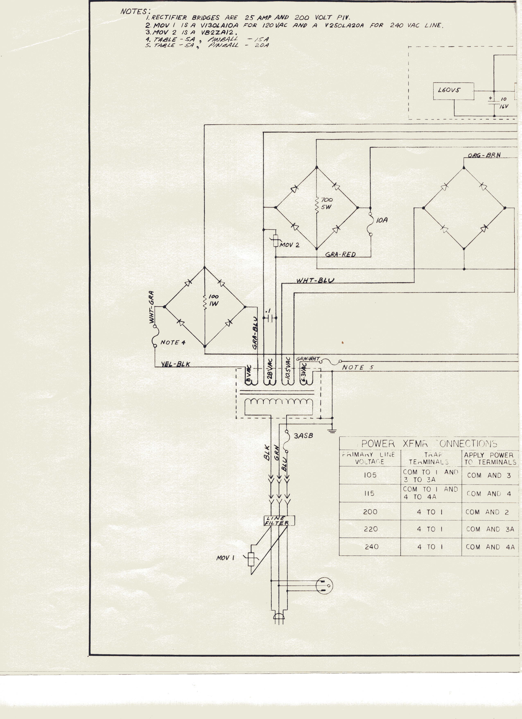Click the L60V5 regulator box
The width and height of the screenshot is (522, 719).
coord(453,91)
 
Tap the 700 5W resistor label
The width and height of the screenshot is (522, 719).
coord(327,204)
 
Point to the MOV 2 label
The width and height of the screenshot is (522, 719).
coord(289,245)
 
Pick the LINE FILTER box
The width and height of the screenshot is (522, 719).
coord(279,521)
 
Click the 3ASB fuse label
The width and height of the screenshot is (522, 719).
coord(303,436)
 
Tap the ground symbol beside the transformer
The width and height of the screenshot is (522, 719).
coord(332,430)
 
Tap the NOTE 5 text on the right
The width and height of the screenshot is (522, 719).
coord(358,367)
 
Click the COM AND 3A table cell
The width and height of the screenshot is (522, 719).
coord(490,529)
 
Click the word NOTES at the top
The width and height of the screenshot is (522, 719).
coord(133,12)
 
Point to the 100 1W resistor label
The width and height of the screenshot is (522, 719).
coord(214,300)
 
